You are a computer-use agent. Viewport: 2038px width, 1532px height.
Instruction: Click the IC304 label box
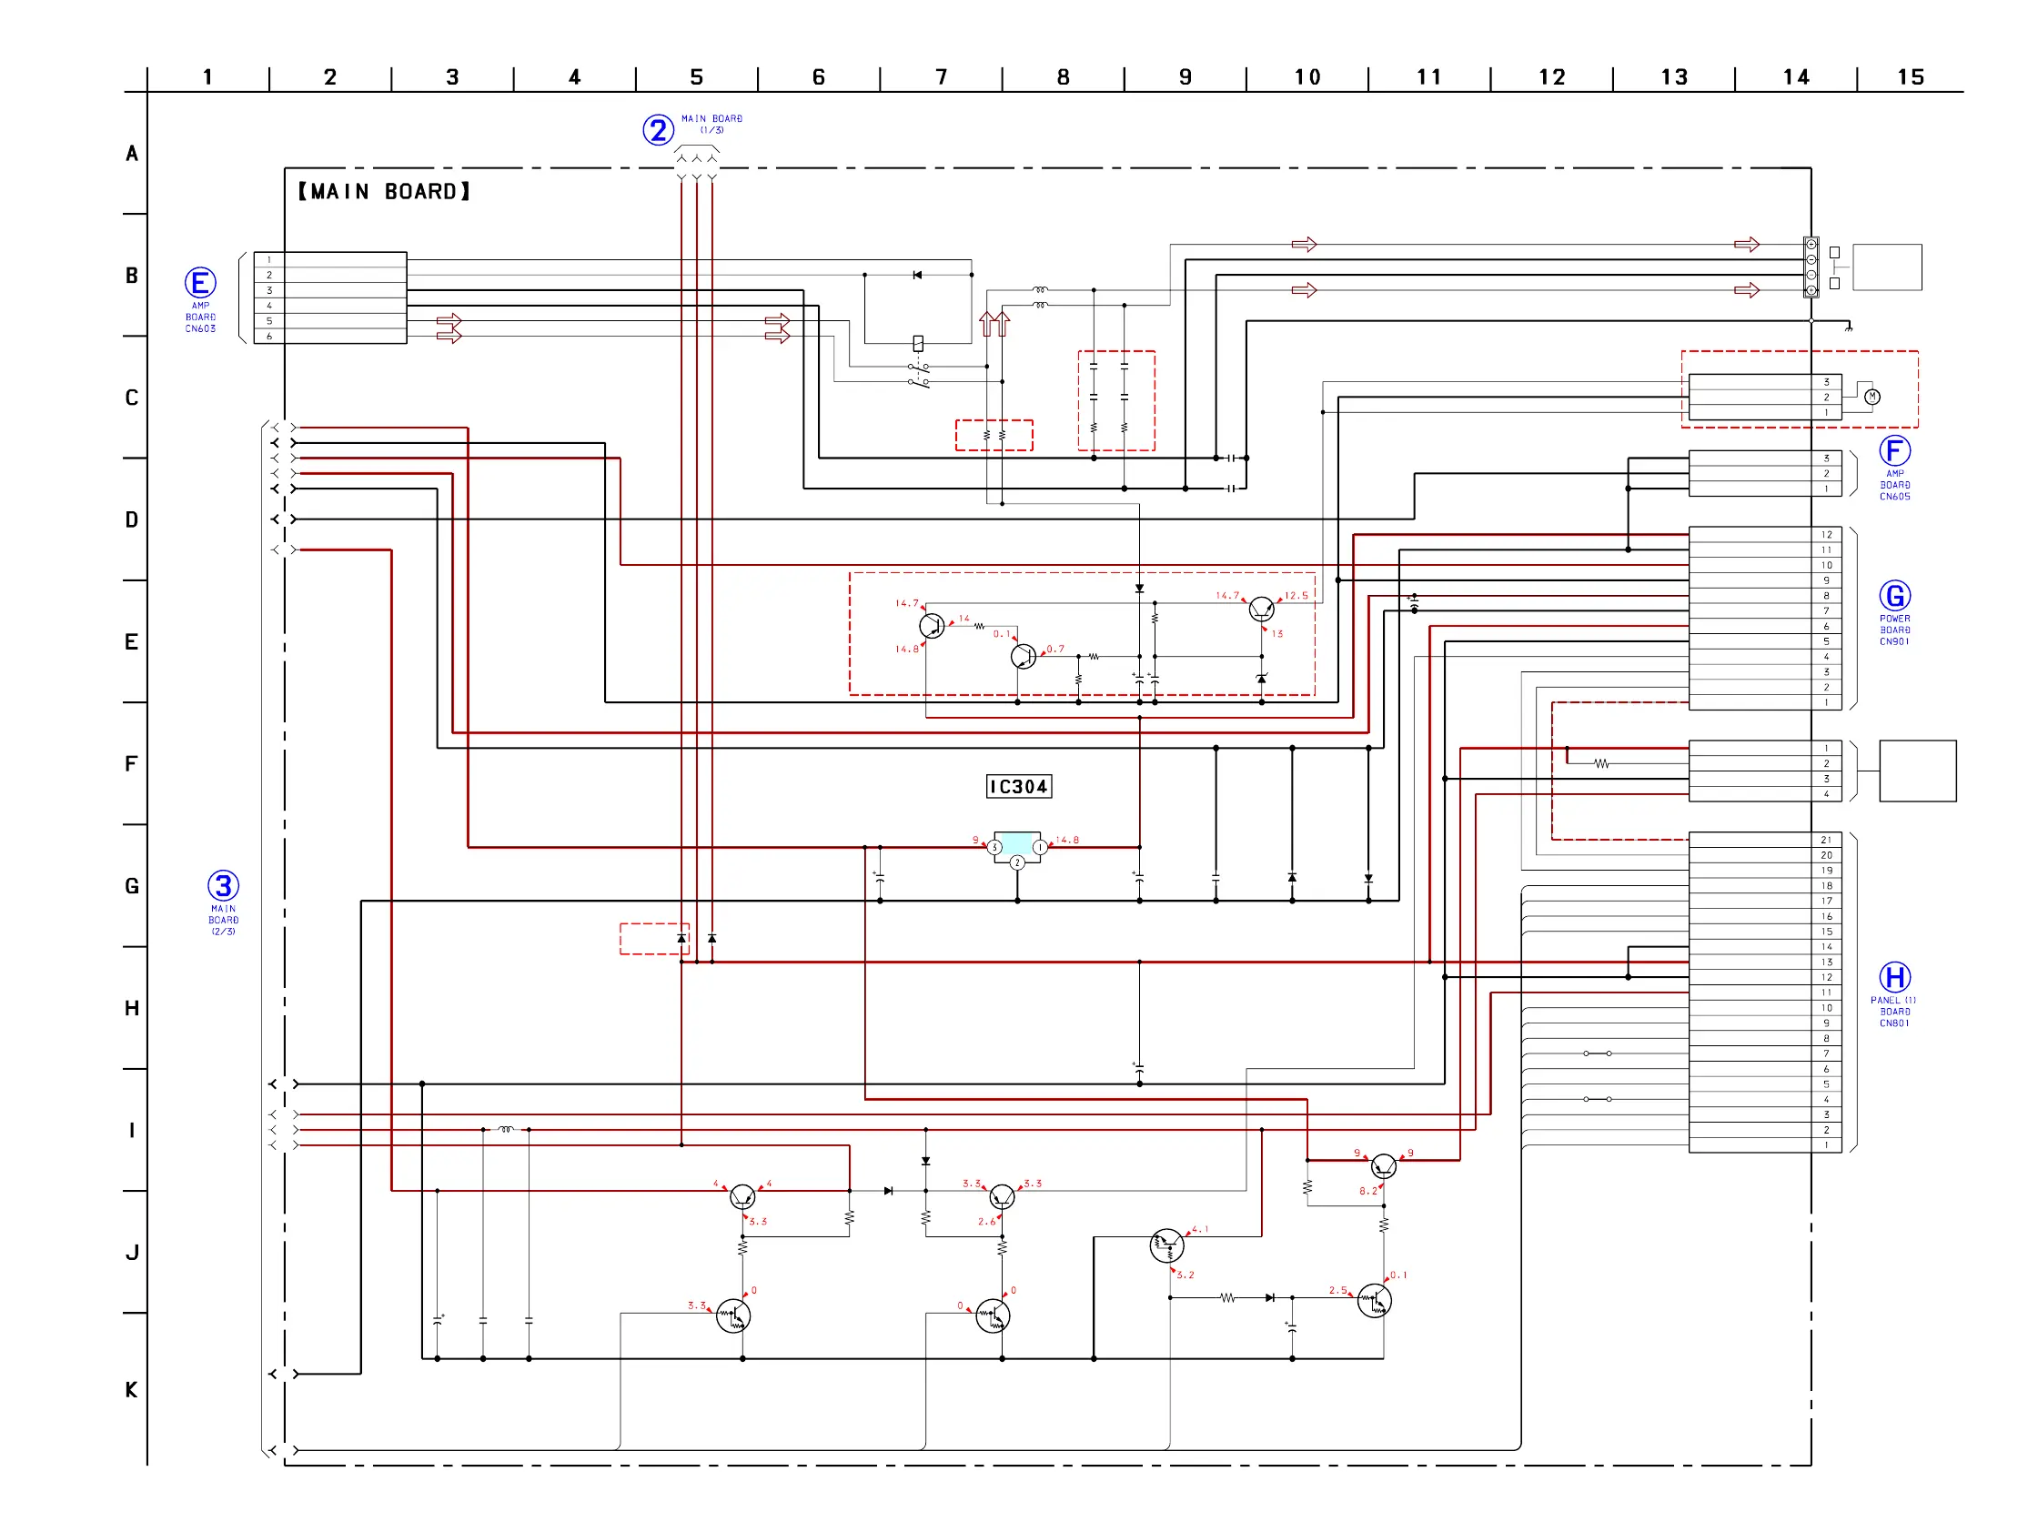pyautogui.click(x=1018, y=787)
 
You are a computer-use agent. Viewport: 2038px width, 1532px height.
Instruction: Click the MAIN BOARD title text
pyautogui.click(x=383, y=192)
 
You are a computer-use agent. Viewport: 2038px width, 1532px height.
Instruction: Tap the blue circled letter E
pyautogui.click(x=200, y=283)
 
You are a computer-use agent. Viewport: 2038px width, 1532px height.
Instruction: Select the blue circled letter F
pyautogui.click(x=1894, y=451)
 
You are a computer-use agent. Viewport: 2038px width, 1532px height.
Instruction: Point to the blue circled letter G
pyautogui.click(x=1894, y=596)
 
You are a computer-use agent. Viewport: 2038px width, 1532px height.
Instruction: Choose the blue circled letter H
pyautogui.click(x=1894, y=977)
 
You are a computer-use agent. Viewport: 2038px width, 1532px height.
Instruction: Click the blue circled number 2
pyautogui.click(x=658, y=130)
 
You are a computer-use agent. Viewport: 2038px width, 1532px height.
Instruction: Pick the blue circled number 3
pyautogui.click(x=223, y=886)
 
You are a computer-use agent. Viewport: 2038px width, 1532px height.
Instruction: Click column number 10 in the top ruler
pyautogui.click(x=1307, y=77)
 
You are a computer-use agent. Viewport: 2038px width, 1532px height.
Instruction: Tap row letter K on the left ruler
pyautogui.click(x=132, y=1389)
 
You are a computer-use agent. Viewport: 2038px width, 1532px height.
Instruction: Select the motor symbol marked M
pyautogui.click(x=1872, y=397)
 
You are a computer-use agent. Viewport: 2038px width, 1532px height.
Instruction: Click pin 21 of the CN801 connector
pyautogui.click(x=1826, y=841)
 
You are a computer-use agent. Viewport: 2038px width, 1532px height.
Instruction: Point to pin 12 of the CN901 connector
pyautogui.click(x=1826, y=534)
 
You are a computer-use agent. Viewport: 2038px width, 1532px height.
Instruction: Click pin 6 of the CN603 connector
pyautogui.click(x=269, y=337)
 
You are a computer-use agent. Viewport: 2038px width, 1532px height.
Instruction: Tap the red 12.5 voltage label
pyautogui.click(x=1296, y=596)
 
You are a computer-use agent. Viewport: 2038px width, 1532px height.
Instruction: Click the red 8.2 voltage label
pyautogui.click(x=1367, y=1191)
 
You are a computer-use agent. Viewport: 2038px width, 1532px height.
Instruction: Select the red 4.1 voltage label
pyautogui.click(x=1199, y=1229)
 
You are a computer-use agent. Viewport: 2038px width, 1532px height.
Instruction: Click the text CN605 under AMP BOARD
pyautogui.click(x=1894, y=497)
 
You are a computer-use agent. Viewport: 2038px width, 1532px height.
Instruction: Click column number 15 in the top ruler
pyautogui.click(x=1910, y=77)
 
